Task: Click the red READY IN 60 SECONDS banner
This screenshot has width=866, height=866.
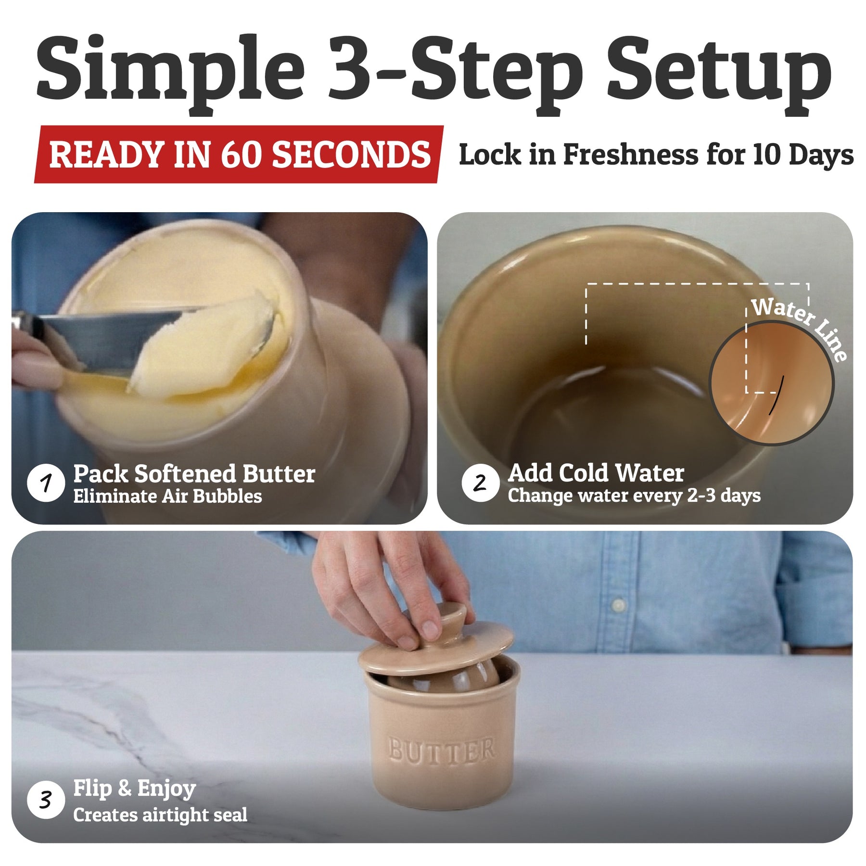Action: click(x=239, y=154)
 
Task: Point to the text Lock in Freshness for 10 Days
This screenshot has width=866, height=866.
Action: click(x=656, y=155)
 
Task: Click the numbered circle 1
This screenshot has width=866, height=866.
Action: click(x=46, y=483)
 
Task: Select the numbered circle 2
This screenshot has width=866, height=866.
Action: click(x=480, y=483)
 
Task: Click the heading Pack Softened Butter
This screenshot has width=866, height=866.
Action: click(x=194, y=474)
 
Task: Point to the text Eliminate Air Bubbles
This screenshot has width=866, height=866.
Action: click(x=167, y=497)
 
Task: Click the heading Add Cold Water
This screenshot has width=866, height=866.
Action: click(x=596, y=473)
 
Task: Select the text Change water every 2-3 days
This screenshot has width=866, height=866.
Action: click(x=634, y=496)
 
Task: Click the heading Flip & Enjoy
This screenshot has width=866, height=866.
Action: click(x=134, y=789)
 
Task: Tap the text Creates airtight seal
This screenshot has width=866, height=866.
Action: click(x=160, y=815)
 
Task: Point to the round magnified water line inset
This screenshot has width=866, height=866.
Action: click(x=772, y=383)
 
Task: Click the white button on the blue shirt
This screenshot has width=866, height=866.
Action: click(x=619, y=605)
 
